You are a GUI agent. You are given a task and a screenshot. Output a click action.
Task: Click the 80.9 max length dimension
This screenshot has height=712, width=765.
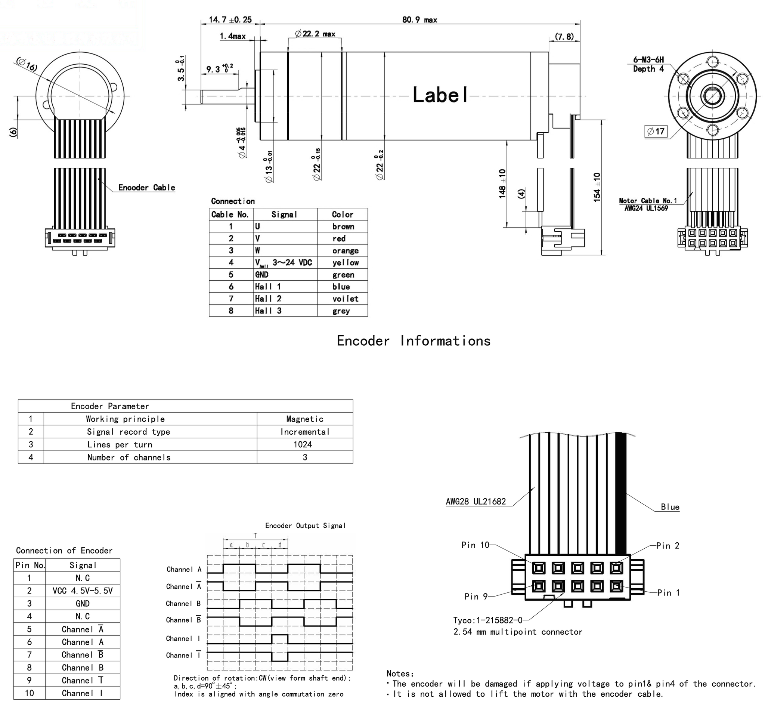[x=419, y=20]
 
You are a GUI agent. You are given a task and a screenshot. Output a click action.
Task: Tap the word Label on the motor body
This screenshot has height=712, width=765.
[x=440, y=95]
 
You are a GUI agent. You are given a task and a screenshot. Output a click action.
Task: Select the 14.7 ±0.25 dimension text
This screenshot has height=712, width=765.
[x=230, y=20]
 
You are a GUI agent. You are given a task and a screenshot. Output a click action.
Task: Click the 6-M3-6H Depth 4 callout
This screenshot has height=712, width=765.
[x=648, y=64]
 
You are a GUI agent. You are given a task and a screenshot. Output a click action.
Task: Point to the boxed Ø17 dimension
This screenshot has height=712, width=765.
[x=656, y=131]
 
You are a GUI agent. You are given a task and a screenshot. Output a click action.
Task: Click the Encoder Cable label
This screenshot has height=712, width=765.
[x=146, y=188]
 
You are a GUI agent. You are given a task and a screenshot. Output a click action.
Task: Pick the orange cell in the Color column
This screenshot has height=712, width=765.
[x=345, y=251]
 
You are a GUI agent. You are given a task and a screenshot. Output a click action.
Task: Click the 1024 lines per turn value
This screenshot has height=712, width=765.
[x=303, y=444]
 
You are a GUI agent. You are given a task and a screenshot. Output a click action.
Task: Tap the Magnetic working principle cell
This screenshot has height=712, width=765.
[x=305, y=419]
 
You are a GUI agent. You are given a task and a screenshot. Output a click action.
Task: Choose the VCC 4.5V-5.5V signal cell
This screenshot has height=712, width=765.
[x=83, y=591]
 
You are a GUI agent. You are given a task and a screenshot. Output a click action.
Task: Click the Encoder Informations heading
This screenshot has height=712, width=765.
[x=414, y=341]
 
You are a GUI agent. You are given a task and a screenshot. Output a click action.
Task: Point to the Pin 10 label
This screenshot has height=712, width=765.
[x=475, y=545]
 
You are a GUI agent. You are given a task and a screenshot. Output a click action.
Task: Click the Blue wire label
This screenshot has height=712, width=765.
[x=670, y=507]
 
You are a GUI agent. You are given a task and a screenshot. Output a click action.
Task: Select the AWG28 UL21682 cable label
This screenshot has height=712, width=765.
[x=476, y=501]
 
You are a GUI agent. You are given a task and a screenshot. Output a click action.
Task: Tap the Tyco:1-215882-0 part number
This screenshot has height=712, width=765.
[x=488, y=620]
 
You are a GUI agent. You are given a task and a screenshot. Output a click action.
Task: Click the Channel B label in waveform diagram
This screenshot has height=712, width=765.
[x=183, y=603]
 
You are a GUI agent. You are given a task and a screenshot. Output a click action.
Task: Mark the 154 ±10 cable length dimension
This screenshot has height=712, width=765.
[x=597, y=187]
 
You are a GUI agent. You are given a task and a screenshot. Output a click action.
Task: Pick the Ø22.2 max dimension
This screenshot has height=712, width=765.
[x=315, y=34]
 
